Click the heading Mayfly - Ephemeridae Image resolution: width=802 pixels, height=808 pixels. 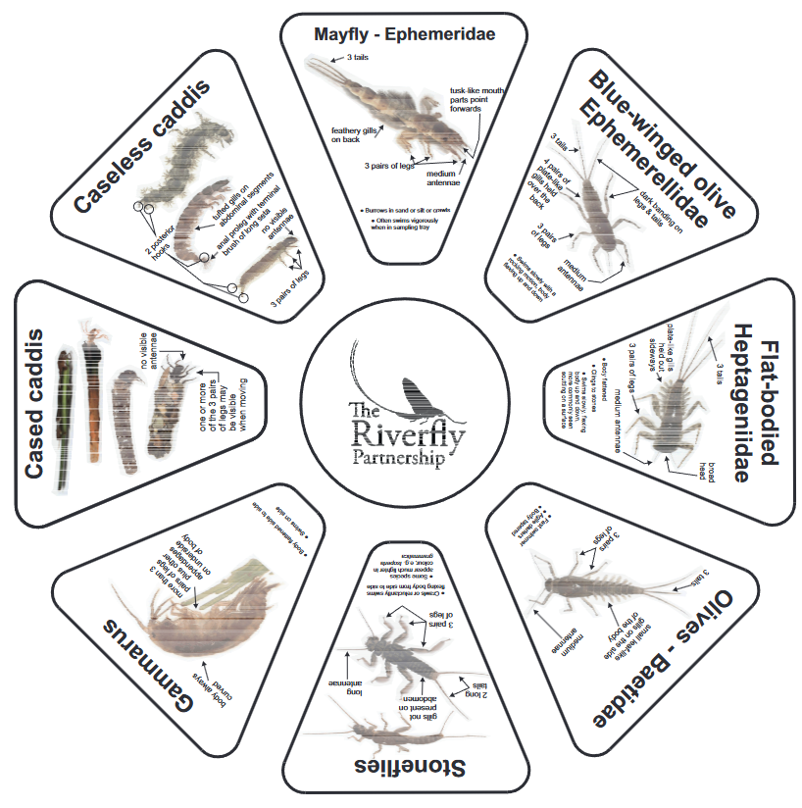coord(405,34)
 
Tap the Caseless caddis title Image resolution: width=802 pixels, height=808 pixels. coord(142,148)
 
